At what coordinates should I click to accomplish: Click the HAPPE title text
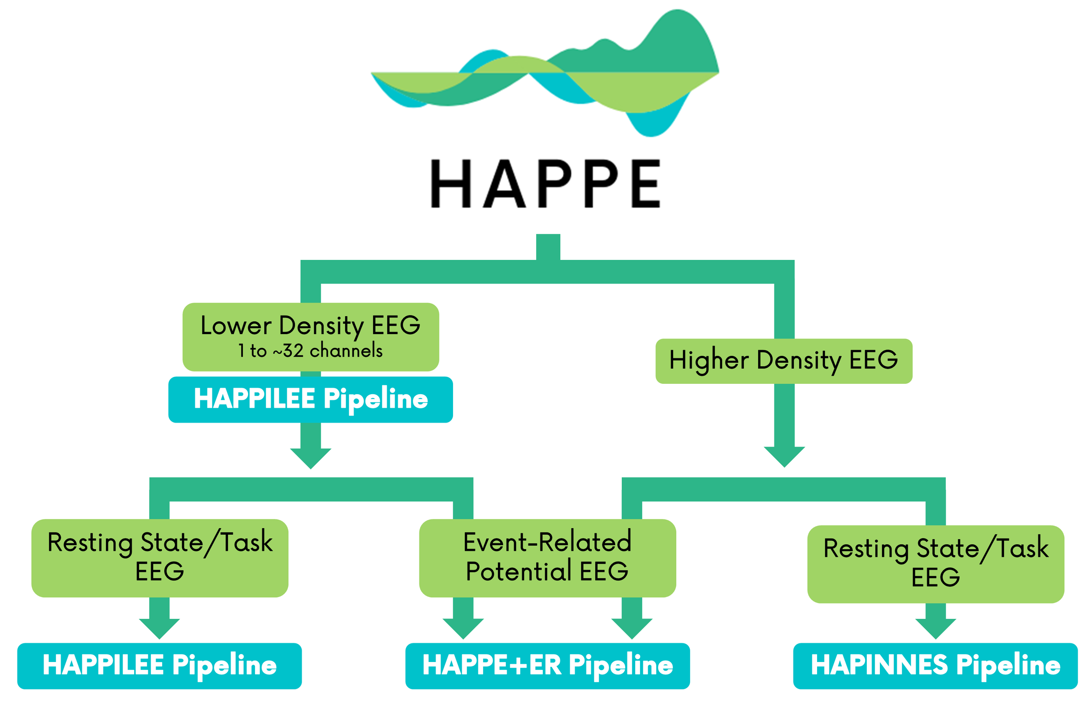coord(545,183)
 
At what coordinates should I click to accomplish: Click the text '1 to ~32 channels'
coord(310,351)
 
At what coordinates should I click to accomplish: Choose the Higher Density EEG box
coord(783,361)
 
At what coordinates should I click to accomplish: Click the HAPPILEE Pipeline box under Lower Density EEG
coord(310,399)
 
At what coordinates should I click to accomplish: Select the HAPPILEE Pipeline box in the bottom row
coord(160,666)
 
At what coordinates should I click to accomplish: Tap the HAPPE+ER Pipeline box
coord(547,666)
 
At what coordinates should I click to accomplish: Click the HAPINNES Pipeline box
coord(935,666)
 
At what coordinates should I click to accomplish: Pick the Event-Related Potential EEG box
coord(547,557)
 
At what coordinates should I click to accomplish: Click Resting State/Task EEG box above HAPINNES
coord(935,563)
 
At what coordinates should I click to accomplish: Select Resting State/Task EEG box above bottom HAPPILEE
coord(160,557)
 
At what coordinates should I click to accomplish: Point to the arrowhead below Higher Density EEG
coord(784,456)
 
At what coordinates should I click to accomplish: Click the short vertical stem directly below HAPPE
coord(548,247)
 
